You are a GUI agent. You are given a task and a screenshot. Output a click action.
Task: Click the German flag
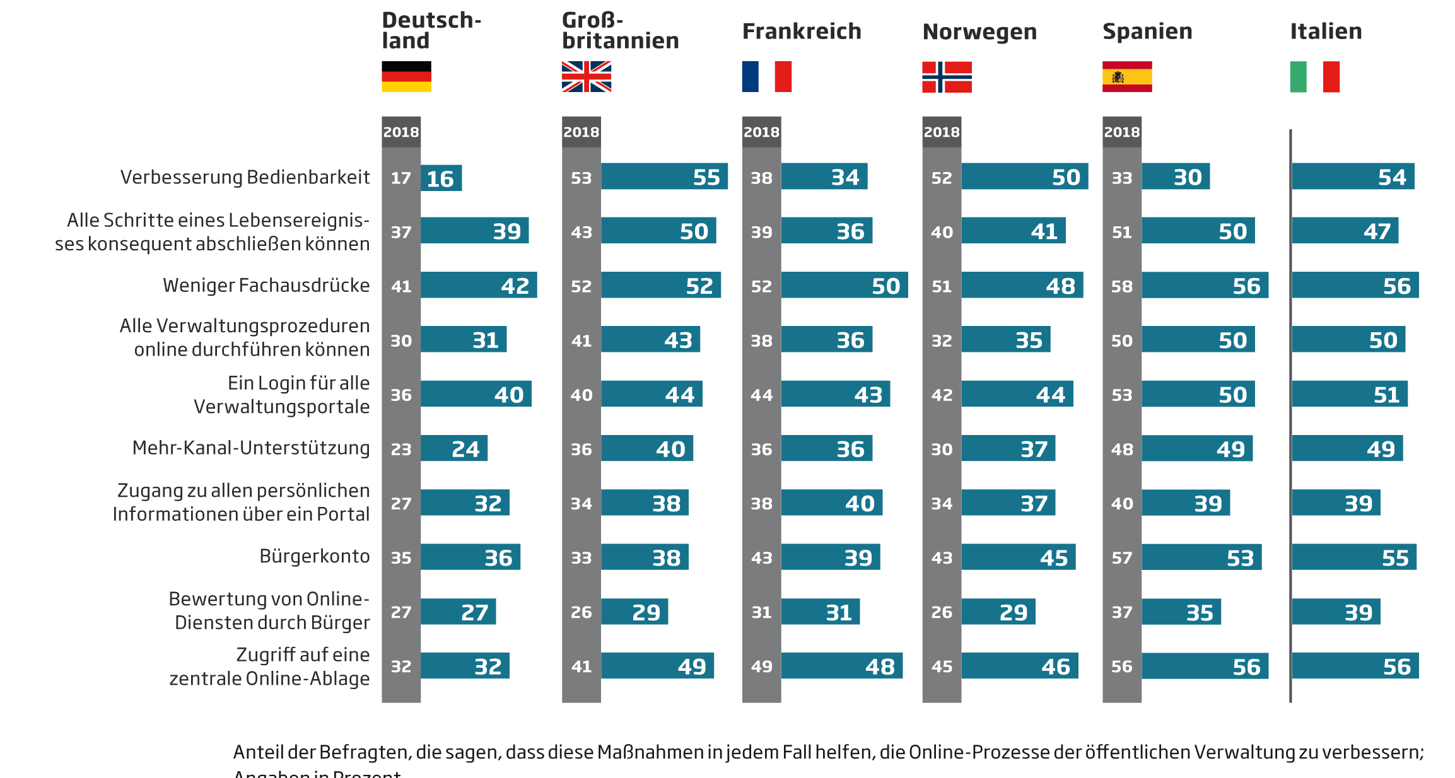click(x=406, y=76)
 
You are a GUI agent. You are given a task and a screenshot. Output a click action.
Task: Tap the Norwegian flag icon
click(x=947, y=76)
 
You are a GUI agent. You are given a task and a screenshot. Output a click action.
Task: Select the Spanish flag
click(x=1127, y=76)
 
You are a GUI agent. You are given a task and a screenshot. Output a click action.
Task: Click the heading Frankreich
click(x=801, y=31)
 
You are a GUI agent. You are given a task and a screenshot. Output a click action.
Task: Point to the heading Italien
click(x=1326, y=31)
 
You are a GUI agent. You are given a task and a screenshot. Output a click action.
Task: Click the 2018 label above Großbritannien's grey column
click(x=581, y=132)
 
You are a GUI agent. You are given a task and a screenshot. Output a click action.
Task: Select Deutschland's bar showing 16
click(x=441, y=178)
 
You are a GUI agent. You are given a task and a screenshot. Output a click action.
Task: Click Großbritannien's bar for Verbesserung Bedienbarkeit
click(x=663, y=177)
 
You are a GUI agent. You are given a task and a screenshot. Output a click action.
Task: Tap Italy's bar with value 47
click(x=1345, y=231)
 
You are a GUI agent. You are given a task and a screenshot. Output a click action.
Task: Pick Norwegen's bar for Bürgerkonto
click(x=1018, y=557)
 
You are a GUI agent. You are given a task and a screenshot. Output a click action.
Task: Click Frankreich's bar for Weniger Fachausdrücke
click(x=844, y=285)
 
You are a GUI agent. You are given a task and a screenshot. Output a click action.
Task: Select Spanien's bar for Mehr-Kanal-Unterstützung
click(x=1196, y=448)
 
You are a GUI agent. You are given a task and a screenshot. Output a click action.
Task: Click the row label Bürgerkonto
click(x=314, y=556)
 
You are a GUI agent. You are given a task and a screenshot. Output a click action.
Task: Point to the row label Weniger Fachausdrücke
click(x=266, y=285)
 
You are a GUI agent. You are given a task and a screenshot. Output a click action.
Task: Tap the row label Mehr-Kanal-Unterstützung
click(x=251, y=448)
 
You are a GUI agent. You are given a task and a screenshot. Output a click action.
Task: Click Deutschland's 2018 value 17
click(x=400, y=178)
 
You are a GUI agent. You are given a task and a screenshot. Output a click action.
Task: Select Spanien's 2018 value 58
click(x=1121, y=286)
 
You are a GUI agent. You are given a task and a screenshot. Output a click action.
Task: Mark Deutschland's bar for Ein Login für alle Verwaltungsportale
click(x=476, y=394)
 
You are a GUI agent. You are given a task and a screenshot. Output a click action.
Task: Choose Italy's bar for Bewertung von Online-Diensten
click(x=1336, y=612)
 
